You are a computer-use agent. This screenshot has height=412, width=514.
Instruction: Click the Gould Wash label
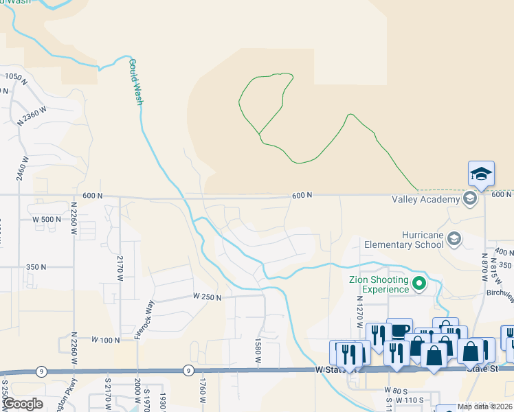coord(137,81)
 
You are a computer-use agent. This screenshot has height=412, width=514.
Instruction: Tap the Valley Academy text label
coord(425,200)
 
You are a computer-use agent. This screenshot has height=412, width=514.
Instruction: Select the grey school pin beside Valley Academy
coord(470,199)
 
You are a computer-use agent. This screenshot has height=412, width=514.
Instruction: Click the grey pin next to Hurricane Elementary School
coord(453,239)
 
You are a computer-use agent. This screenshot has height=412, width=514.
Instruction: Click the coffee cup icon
coord(399,330)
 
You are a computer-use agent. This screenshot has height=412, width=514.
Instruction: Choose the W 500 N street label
coord(47,219)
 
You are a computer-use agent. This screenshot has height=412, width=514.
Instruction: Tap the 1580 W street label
coord(258,352)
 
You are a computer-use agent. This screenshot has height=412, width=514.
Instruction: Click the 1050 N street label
coord(14,78)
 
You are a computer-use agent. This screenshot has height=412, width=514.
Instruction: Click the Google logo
coord(23,404)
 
